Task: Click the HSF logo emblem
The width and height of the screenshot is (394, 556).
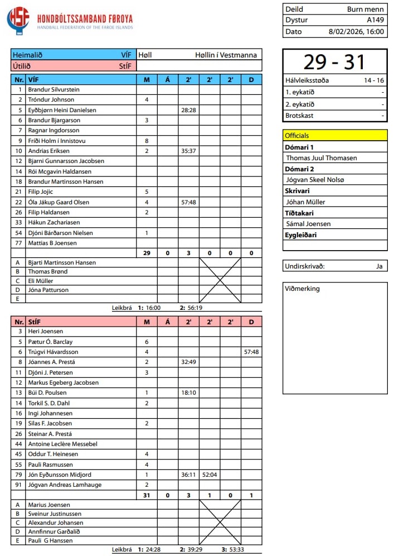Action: tap(20, 20)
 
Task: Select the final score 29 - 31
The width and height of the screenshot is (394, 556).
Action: tap(334, 62)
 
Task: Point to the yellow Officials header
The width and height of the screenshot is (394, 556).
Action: tap(335, 135)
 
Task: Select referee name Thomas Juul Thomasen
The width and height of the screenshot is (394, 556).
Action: tap(321, 158)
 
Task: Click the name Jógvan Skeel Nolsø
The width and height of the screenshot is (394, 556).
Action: tap(315, 180)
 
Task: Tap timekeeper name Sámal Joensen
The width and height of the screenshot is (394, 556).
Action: tap(308, 224)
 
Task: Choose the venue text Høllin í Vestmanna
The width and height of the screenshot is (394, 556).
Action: tap(226, 55)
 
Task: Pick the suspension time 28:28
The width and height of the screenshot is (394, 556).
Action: tap(188, 110)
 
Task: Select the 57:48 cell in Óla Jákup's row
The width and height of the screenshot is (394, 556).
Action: tap(188, 202)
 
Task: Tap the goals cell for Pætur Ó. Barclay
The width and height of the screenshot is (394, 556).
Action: tap(147, 342)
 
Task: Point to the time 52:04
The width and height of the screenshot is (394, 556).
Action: tap(210, 474)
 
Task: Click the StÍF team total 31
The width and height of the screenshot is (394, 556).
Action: tap(147, 495)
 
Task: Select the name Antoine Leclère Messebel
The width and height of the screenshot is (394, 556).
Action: tap(63, 444)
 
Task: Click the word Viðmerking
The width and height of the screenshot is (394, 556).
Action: tap(302, 289)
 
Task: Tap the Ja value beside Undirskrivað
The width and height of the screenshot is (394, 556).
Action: tap(379, 266)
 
